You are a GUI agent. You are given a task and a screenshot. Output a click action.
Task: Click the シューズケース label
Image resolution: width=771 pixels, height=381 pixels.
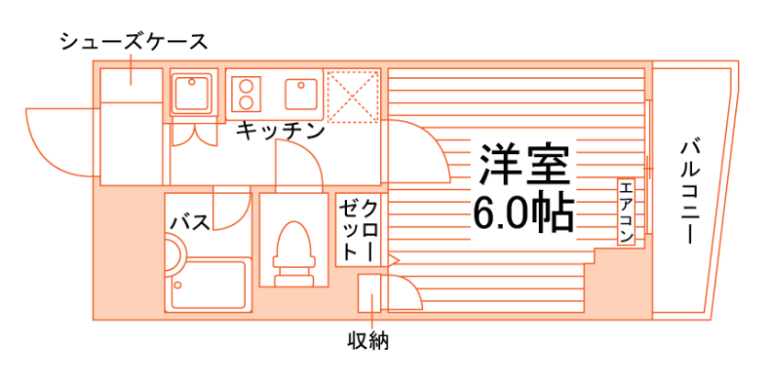click(x=133, y=41)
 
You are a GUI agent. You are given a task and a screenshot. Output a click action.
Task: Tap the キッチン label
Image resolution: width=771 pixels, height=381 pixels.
click(x=280, y=130)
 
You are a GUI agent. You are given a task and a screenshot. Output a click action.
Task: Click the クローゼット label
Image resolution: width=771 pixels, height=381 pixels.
click(x=358, y=230)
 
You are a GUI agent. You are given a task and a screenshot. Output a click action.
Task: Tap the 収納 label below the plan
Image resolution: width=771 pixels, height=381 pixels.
click(x=368, y=342)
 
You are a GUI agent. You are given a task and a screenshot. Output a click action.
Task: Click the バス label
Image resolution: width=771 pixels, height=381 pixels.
click(x=191, y=221)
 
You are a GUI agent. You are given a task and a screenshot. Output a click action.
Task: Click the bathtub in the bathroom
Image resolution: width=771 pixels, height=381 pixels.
click(x=211, y=285)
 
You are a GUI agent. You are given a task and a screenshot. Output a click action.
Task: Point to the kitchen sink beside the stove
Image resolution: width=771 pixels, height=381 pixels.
click(x=300, y=93)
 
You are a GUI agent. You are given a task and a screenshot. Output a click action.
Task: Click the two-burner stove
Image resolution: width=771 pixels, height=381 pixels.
click(x=247, y=93)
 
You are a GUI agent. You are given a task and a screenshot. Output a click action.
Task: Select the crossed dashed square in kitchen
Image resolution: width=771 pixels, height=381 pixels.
click(x=352, y=95)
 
